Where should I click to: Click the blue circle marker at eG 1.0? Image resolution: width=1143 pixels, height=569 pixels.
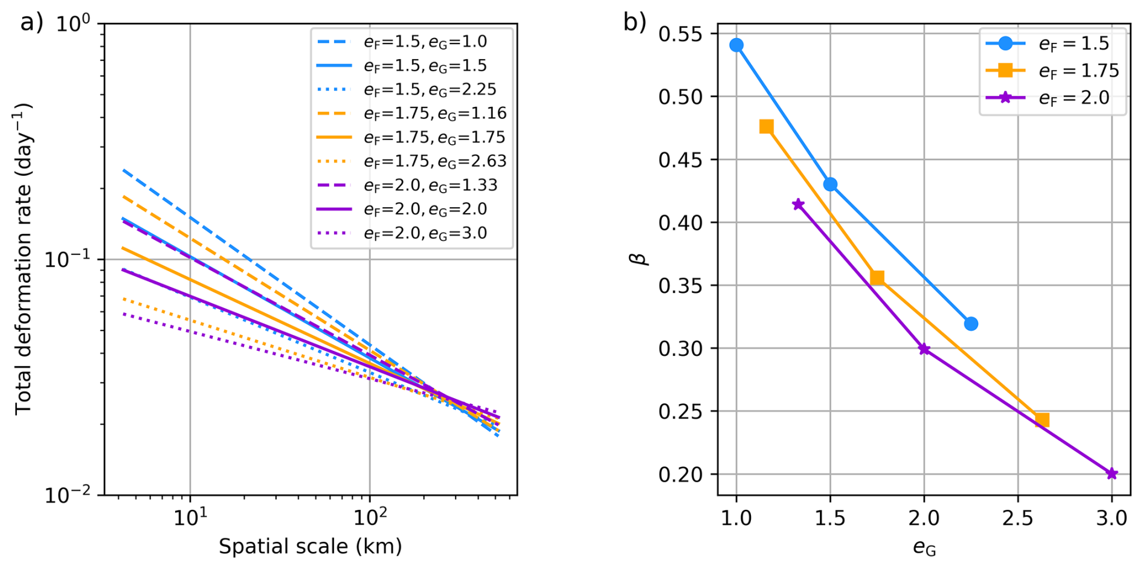[736, 45]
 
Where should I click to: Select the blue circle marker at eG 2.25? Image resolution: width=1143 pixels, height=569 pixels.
[971, 324]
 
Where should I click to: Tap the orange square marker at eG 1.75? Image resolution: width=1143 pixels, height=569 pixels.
[877, 278]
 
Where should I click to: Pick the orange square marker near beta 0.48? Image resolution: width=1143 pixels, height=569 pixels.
[767, 127]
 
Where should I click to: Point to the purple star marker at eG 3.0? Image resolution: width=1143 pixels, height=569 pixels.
[1112, 474]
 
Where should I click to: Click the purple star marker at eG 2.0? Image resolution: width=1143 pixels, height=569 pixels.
[924, 349]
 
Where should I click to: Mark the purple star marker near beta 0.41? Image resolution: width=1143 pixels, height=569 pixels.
[798, 205]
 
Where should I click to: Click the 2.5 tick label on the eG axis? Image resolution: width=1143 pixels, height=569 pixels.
[1017, 518]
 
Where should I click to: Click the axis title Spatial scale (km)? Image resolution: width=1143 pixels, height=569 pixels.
[310, 547]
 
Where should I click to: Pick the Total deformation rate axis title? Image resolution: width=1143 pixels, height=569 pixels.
[24, 259]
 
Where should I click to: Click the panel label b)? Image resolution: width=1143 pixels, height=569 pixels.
[635, 23]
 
